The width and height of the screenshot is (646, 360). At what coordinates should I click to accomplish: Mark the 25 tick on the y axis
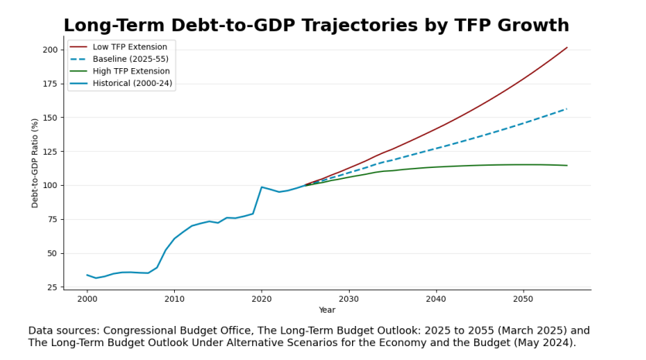(52, 287)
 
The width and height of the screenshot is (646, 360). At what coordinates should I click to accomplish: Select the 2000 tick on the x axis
(87, 298)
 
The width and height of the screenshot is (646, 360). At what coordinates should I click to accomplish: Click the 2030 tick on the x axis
(349, 298)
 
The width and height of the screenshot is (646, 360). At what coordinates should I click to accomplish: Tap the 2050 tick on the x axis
(523, 298)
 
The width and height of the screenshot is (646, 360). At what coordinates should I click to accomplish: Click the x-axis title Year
(327, 310)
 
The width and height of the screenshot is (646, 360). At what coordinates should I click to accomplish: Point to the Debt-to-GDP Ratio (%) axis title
(35, 163)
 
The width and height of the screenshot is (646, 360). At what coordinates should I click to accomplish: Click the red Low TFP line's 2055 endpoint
(567, 47)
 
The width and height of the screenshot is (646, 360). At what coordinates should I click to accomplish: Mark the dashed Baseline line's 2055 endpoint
(567, 108)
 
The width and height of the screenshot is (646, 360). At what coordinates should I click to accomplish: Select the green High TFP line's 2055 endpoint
(567, 165)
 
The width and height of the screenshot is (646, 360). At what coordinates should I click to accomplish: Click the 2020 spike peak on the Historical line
(261, 187)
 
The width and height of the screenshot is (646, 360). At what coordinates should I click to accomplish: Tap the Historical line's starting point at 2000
(87, 275)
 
